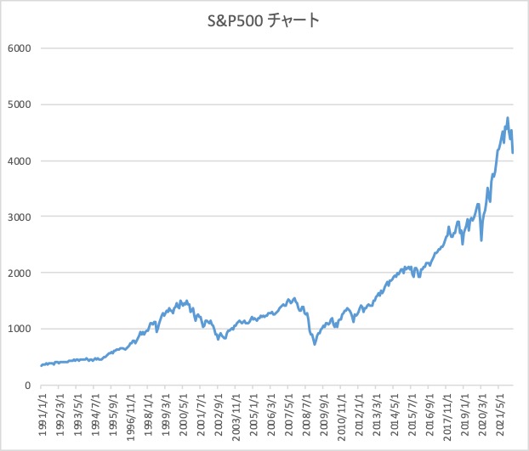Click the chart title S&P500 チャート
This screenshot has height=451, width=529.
click(x=263, y=21)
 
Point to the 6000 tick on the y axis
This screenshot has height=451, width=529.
click(x=20, y=48)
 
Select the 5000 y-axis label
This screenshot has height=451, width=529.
click(x=20, y=104)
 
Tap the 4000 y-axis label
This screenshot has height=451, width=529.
click(x=20, y=161)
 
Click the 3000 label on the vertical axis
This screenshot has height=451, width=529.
click(x=20, y=217)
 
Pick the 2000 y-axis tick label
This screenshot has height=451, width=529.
click(x=20, y=273)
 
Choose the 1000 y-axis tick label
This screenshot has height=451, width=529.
click(x=20, y=329)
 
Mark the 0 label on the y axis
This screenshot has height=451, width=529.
click(x=28, y=385)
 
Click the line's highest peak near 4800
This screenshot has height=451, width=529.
click(x=508, y=117)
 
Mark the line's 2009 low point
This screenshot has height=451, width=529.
click(x=315, y=344)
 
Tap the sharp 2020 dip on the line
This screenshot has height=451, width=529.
click(x=481, y=240)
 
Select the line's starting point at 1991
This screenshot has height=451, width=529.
click(x=41, y=366)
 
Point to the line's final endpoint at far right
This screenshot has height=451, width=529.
click(x=513, y=153)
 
